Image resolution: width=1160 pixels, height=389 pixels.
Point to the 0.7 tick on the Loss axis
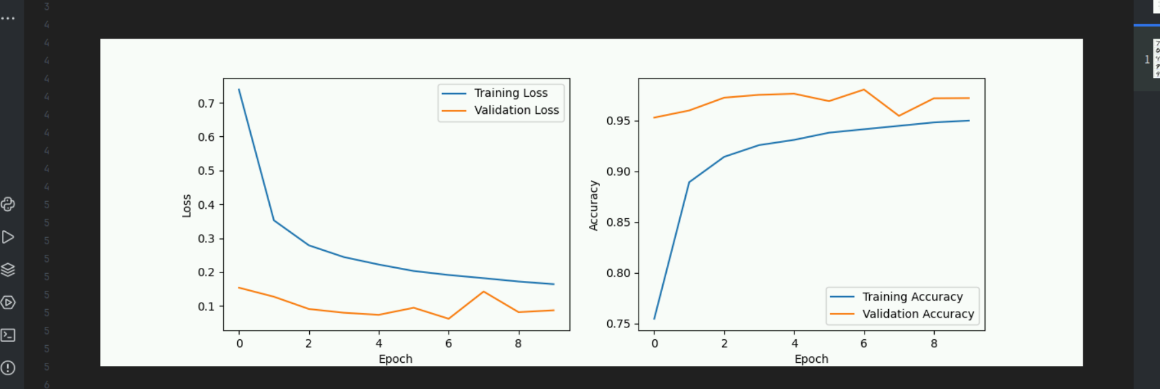pos(206,103)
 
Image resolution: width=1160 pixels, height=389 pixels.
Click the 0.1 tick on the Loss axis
pos(206,306)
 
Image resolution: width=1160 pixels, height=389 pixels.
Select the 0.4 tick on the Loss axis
pos(206,205)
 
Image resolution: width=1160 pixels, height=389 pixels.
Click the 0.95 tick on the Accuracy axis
pos(618,121)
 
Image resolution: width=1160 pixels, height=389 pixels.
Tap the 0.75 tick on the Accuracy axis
pos(618,324)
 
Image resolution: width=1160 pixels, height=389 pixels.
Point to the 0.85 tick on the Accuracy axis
pos(618,223)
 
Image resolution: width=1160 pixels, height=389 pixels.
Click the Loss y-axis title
pos(187,206)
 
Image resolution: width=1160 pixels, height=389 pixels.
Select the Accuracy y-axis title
pos(594,206)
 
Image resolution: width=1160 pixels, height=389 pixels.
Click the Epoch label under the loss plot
pos(396,359)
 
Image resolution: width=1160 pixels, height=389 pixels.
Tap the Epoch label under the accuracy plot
pos(812,359)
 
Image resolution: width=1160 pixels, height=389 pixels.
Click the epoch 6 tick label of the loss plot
pos(449,344)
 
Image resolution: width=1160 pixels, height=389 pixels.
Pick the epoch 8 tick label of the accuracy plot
pos(934,344)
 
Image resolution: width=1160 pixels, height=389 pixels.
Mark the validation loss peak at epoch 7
pos(483,291)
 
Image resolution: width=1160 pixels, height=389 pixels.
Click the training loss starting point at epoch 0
pos(239,90)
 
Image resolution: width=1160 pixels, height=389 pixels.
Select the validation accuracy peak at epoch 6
pos(864,90)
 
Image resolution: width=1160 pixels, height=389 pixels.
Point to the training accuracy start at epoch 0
pos(654,319)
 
